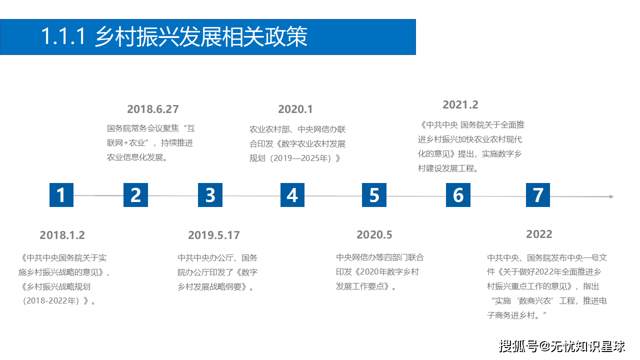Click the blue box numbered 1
(61, 195)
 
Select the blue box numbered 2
(135, 195)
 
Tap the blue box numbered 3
(210, 195)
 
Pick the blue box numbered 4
(292, 195)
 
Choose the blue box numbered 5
(374, 195)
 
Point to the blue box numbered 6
(458, 195)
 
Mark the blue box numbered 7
(538, 195)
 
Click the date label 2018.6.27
(152, 109)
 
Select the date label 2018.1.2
(62, 235)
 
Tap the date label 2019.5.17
(214, 235)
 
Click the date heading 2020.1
(295, 109)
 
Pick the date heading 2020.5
(374, 234)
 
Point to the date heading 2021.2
(460, 104)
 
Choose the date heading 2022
(539, 234)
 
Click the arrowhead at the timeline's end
(611, 196)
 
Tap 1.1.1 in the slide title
(64, 37)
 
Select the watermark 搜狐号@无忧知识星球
(562, 345)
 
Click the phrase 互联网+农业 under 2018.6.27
(149, 135)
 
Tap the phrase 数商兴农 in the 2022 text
(536, 301)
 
